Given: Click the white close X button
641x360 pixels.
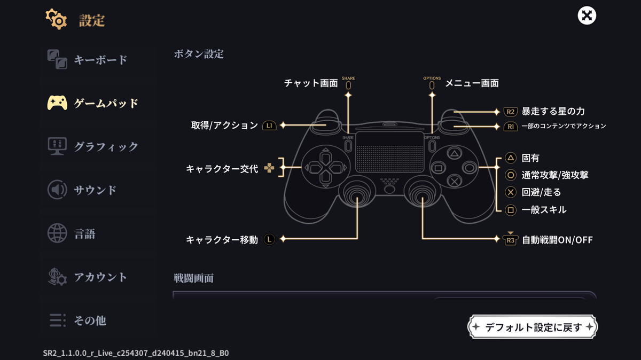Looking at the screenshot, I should pyautogui.click(x=587, y=15).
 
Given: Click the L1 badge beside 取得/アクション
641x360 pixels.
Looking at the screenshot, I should pyautogui.click(x=269, y=126).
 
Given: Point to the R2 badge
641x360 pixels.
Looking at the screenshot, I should pyautogui.click(x=511, y=112).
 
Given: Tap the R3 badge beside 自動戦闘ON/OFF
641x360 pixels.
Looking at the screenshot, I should pyautogui.click(x=511, y=240).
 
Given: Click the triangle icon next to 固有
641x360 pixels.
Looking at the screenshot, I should pyautogui.click(x=511, y=158).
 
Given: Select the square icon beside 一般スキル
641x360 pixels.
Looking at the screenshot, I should pyautogui.click(x=511, y=210).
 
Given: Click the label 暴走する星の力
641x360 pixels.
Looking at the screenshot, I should pyautogui.click(x=553, y=112).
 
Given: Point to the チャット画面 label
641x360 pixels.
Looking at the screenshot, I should pyautogui.click(x=311, y=83).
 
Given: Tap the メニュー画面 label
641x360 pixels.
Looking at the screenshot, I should pyautogui.click(x=472, y=83).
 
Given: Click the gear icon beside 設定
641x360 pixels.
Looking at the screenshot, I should pyautogui.click(x=56, y=20).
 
